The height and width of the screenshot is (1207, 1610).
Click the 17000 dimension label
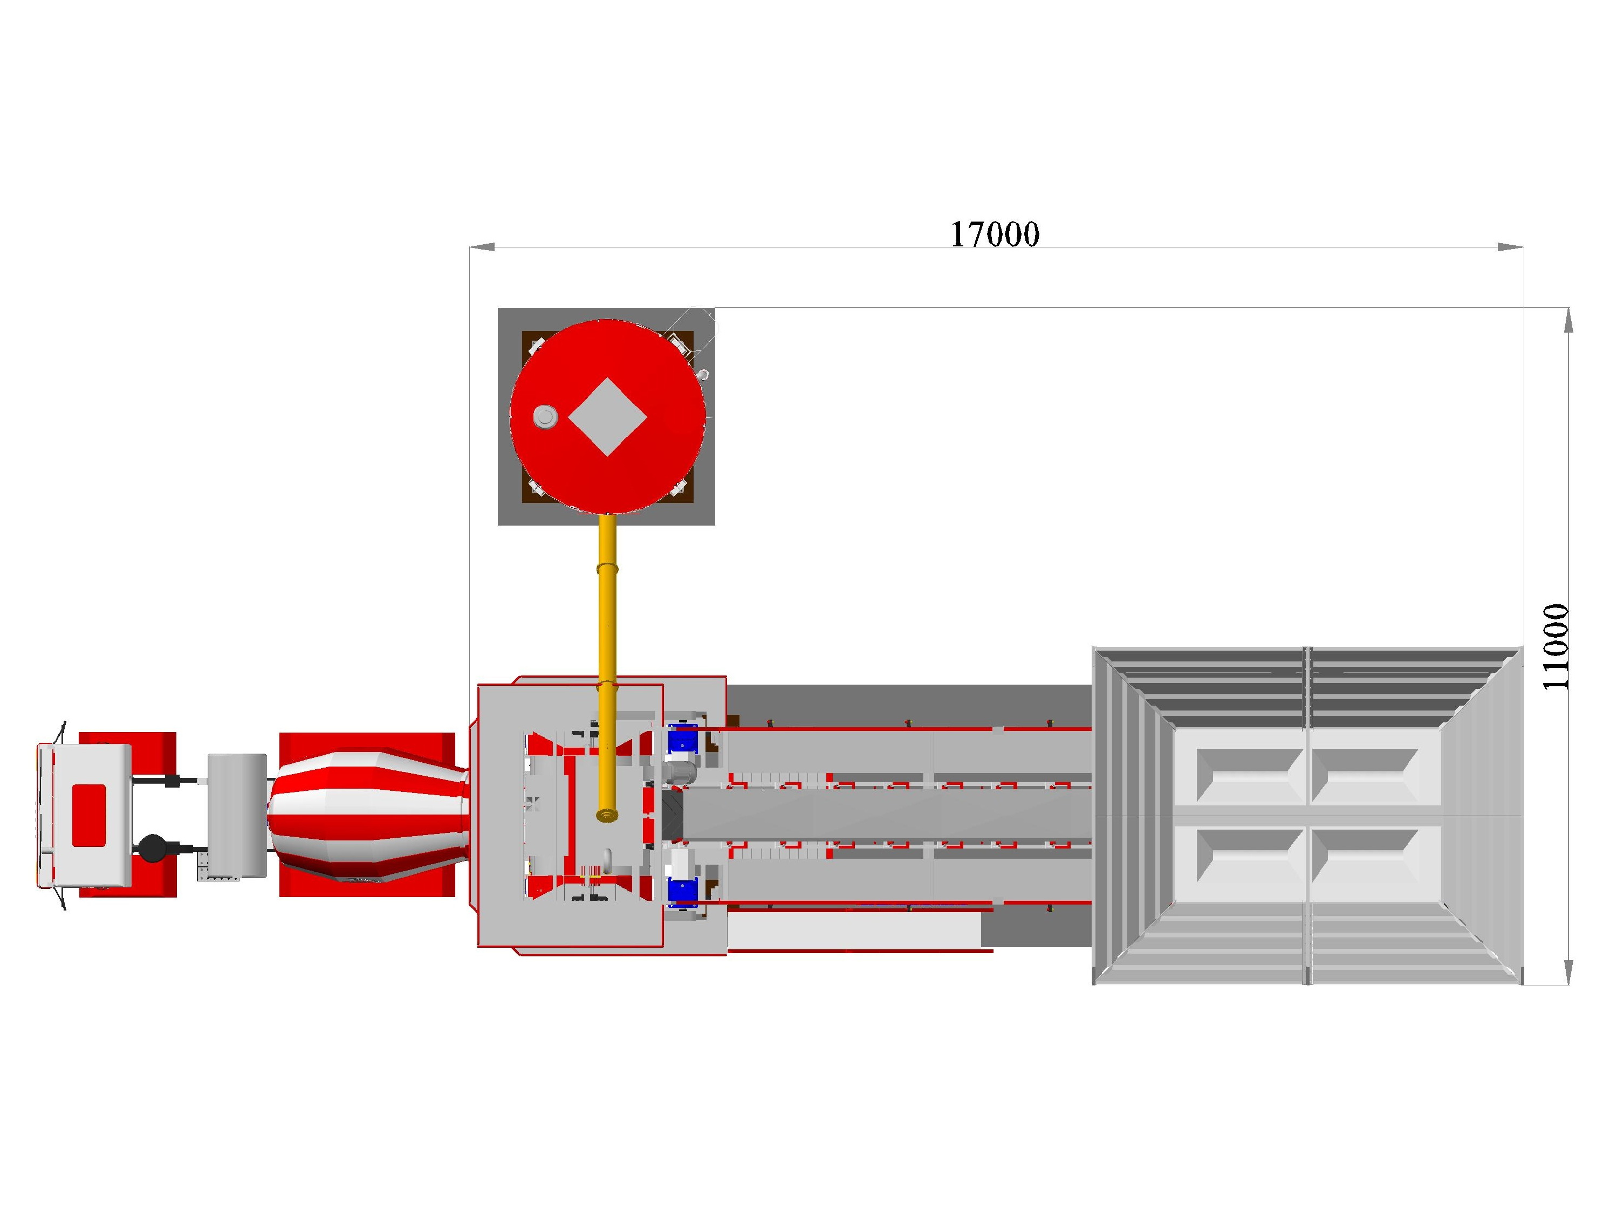tap(995, 234)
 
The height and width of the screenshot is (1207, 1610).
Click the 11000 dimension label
tap(1556, 647)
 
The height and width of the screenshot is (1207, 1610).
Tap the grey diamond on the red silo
tap(607, 418)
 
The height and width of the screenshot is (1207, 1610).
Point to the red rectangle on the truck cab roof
tap(90, 816)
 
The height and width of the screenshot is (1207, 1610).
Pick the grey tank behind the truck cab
tap(237, 816)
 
